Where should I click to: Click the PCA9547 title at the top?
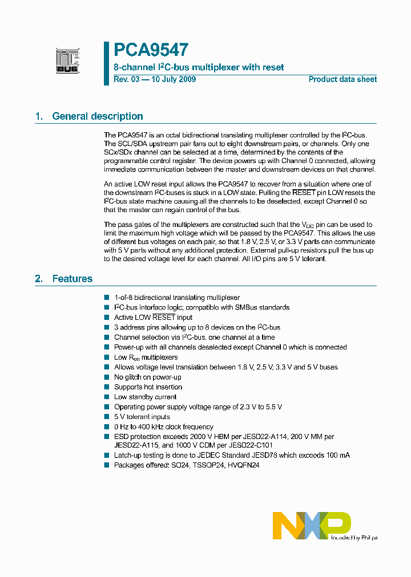click(151, 51)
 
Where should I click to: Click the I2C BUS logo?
click(67, 60)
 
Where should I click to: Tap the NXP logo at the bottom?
click(311, 525)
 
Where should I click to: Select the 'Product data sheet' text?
click(342, 79)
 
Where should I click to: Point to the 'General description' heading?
click(98, 116)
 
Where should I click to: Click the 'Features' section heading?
click(72, 279)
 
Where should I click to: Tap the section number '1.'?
click(39, 116)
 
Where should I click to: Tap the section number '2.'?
click(39, 279)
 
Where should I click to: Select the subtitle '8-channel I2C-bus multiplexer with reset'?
click(199, 67)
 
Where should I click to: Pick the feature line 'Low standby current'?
click(145, 397)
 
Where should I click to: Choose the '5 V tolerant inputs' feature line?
click(142, 417)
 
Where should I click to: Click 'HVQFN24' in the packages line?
click(244, 465)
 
